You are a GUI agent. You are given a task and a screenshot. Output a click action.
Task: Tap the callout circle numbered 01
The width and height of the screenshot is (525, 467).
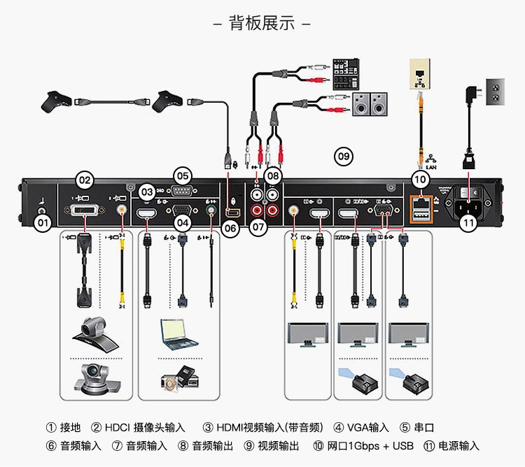(x=43, y=224)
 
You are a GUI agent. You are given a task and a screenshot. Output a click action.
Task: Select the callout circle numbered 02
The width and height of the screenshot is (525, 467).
(x=85, y=180)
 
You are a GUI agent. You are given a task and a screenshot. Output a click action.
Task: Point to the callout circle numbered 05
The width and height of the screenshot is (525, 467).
(x=183, y=175)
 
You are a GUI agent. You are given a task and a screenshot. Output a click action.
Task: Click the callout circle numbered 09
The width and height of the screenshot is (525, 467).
(x=343, y=156)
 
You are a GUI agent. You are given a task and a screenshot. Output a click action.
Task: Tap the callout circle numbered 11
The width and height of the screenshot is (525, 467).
(x=468, y=223)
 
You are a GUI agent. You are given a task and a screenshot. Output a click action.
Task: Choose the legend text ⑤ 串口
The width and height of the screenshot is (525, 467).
(x=417, y=428)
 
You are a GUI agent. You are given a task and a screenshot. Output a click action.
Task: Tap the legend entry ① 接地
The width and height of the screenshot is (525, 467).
(x=64, y=428)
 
